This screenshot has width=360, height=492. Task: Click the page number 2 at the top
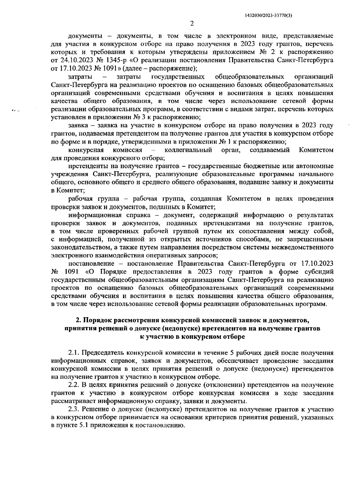[x=192, y=24]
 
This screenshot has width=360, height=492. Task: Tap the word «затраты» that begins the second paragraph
[x=80, y=77]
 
